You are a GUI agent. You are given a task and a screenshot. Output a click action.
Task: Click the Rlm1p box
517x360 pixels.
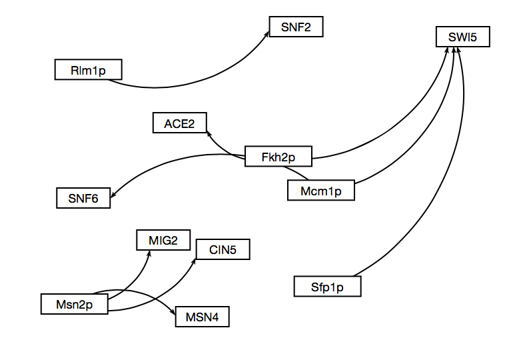(88, 69)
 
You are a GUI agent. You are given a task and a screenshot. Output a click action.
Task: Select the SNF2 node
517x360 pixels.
(296, 27)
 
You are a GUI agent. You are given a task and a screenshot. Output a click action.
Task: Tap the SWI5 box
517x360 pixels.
(462, 37)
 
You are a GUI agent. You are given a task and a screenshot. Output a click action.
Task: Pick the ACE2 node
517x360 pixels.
(179, 123)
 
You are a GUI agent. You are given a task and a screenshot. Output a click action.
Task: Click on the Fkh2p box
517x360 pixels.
(278, 156)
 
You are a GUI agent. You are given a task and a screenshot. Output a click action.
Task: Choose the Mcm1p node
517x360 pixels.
(320, 190)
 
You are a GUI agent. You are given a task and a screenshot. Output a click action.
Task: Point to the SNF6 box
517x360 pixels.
(83, 197)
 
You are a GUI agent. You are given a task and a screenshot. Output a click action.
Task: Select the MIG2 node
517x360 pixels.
(163, 240)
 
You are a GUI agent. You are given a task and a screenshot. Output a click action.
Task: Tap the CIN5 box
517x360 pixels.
(223, 250)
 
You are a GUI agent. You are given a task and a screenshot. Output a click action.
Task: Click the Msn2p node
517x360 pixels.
(74, 303)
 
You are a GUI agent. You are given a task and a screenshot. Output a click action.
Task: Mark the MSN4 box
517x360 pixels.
(202, 317)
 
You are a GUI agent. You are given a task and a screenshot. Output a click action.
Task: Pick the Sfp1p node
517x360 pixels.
(327, 287)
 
